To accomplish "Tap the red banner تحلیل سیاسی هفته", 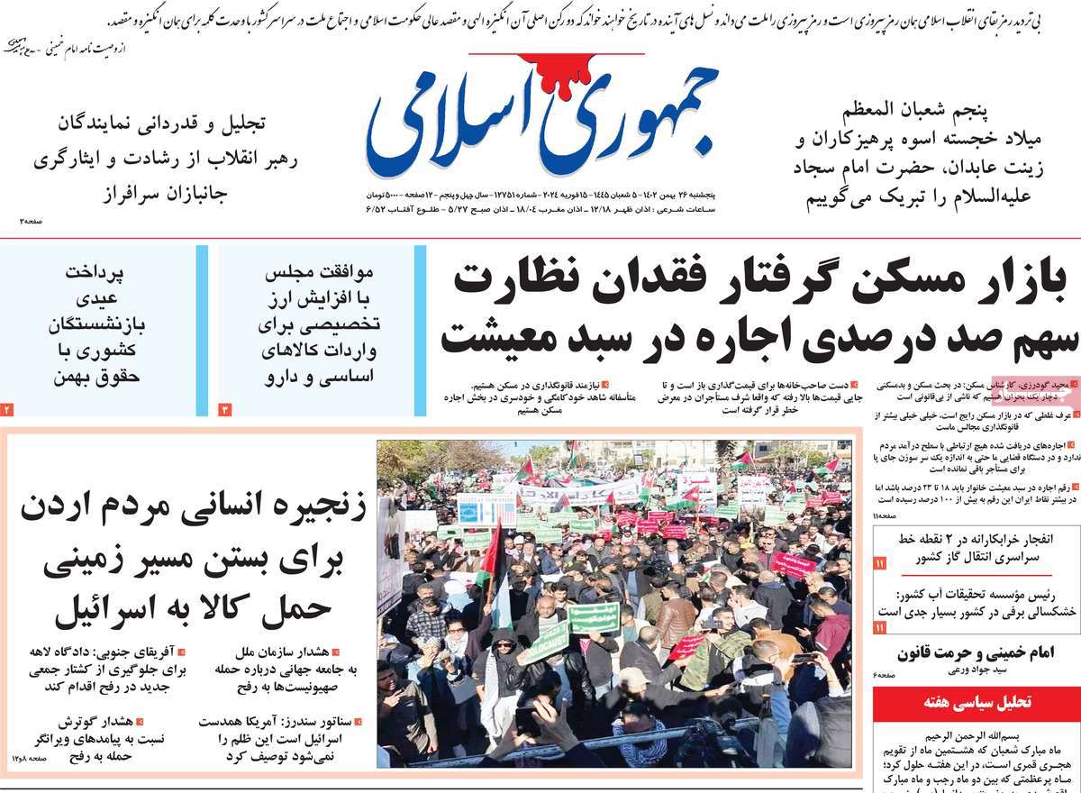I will point(976,702).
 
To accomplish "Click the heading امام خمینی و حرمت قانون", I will point(976,653).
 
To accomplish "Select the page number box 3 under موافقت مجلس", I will point(225,410).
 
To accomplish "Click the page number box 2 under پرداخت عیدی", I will point(7,410).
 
